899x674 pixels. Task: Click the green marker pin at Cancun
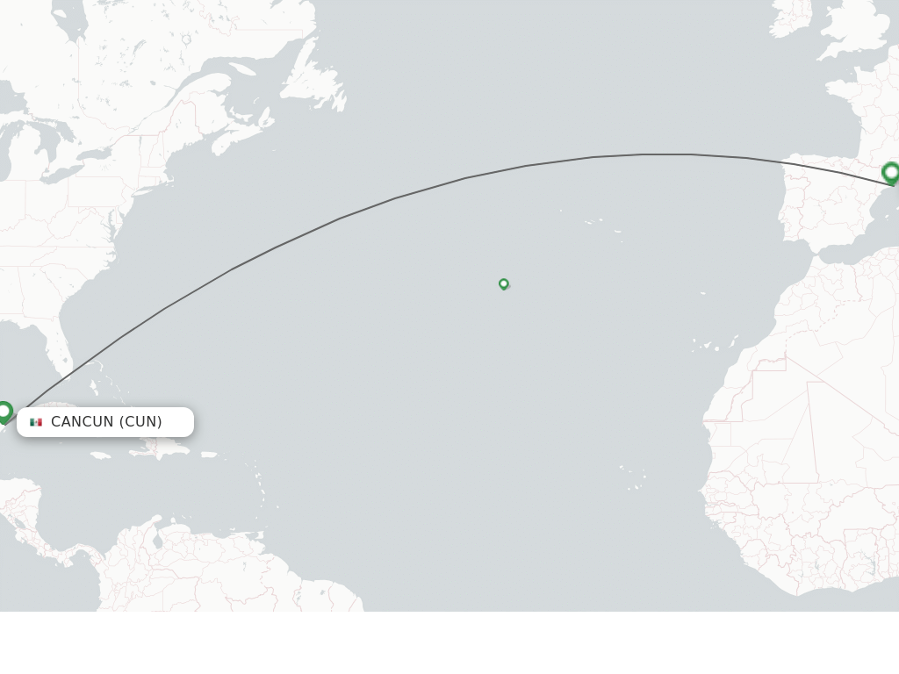click(4, 411)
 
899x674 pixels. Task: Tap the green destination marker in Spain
click(891, 172)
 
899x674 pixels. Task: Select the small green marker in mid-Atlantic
click(504, 283)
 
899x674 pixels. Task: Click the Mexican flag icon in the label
click(36, 422)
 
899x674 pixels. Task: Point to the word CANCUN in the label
click(83, 422)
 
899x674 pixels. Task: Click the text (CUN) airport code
click(141, 422)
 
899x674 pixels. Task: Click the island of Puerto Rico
click(208, 455)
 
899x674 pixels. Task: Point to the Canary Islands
click(713, 345)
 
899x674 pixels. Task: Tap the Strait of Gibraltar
click(814, 256)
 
